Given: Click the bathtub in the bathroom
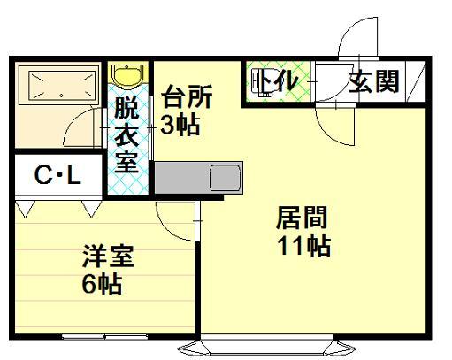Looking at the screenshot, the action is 57,85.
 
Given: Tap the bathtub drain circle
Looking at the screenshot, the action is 61,96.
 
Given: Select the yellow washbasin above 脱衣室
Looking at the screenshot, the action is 127,76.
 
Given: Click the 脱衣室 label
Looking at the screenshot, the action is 126,134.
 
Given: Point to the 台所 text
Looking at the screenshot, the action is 188,96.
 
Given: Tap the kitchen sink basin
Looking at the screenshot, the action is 225,178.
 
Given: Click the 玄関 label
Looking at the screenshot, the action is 374,81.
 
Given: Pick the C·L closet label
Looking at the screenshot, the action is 57,175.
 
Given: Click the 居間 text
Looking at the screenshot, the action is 302,218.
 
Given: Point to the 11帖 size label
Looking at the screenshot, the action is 303,246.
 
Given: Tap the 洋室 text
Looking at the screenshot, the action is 109,256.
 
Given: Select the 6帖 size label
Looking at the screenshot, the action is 102,284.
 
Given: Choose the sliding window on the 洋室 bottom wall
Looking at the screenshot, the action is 104,336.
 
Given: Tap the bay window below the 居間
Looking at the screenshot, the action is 267,347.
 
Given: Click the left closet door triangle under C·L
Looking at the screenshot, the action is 25,208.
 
